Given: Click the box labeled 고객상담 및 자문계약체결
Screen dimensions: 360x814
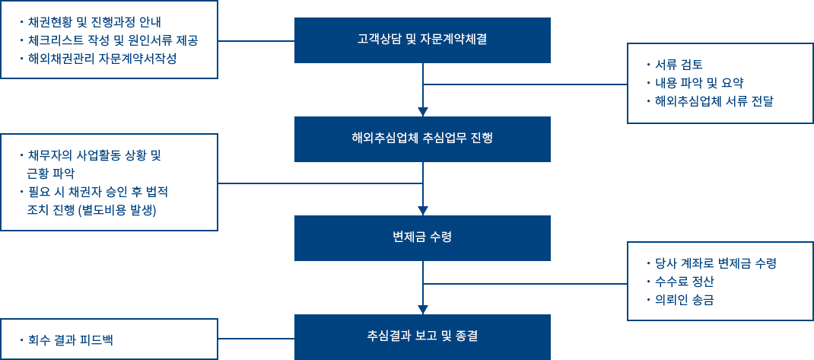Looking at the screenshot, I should click(422, 39).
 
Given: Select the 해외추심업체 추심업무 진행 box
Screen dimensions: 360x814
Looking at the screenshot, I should click(422, 138).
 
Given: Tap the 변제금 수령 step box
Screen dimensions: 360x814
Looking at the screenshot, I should click(422, 237).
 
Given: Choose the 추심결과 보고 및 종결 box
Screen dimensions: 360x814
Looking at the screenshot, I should click(422, 336).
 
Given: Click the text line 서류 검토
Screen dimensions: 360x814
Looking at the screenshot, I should click(678, 64).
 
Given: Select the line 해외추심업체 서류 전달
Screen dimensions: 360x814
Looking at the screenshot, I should click(712, 100).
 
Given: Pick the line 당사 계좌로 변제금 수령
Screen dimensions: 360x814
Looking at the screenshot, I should click(712, 264).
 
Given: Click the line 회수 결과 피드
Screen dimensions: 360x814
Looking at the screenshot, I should click(65, 338).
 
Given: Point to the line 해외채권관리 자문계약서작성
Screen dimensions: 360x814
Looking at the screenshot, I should click(107, 58).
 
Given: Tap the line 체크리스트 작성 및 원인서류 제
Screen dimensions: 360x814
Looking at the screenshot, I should click(107, 40).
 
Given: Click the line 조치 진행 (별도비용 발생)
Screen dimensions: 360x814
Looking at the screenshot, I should click(91, 209).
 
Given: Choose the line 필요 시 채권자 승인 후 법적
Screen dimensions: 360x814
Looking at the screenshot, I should click(96, 191).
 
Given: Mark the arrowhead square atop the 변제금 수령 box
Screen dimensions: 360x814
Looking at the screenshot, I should click(422, 210).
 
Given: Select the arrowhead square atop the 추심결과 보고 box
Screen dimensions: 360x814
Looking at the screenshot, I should click(422, 309).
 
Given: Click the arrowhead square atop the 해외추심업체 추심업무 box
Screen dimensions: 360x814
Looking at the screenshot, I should click(422, 111).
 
